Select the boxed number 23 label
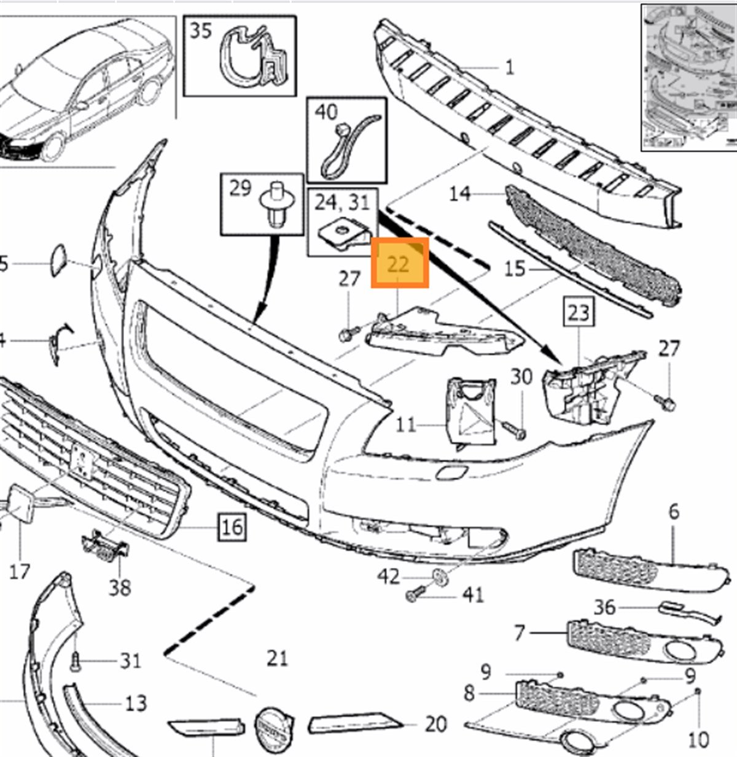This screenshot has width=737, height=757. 579,313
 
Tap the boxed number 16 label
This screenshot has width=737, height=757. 232,526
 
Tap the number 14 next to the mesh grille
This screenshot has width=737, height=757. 459,193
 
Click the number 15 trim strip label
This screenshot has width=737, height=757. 517,268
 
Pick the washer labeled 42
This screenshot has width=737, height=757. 440,576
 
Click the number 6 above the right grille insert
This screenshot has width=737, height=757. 674,511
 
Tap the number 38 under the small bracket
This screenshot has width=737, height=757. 120,587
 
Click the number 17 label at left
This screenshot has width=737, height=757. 20,571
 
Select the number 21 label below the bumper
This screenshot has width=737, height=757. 277,658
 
